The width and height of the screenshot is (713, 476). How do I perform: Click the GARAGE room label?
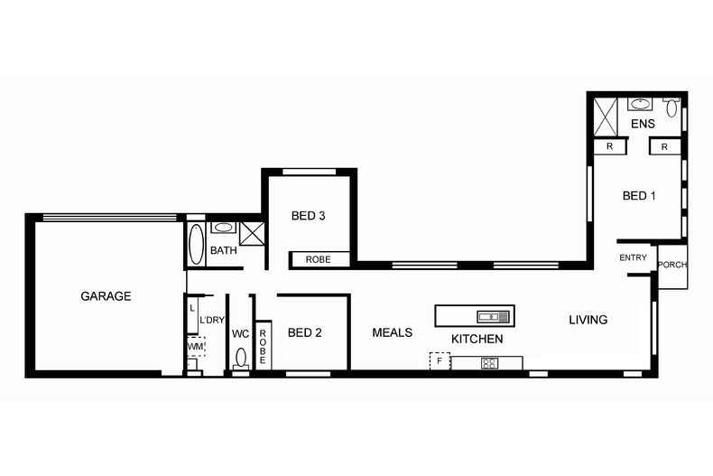pos(106,296)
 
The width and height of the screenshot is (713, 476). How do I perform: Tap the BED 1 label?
pos(639,196)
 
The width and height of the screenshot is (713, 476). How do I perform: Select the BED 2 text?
pos(304,332)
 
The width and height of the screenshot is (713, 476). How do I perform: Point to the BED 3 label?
pos(308,216)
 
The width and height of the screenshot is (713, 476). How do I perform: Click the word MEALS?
pos(392,332)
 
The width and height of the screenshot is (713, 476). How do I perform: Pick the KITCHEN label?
pos(477,339)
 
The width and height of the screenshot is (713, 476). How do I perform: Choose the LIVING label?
pos(588,320)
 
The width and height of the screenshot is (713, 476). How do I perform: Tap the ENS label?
pos(642,124)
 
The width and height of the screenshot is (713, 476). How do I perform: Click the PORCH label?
pos(671,265)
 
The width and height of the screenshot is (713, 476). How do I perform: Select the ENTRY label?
pos(633,257)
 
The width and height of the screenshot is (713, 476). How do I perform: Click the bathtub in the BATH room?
pos(196,244)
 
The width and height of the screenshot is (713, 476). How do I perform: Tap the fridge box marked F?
pos(440,361)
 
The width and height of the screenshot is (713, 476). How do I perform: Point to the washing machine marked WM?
pos(195,346)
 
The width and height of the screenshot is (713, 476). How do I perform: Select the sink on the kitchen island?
pos(494,316)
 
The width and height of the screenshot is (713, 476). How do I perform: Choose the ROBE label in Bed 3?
pos(318,260)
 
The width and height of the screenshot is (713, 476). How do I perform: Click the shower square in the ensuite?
pos(604,115)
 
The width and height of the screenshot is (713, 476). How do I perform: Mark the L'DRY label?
pos(212,321)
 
